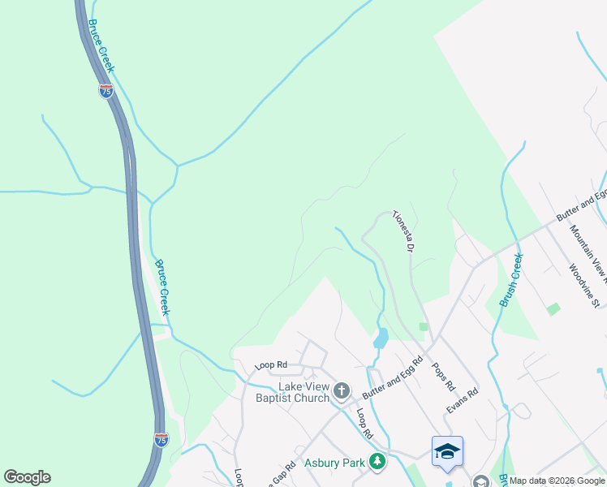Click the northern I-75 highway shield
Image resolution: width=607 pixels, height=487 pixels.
[106, 91]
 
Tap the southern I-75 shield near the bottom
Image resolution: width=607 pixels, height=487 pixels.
[162, 439]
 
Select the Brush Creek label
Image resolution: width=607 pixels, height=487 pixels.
[511, 280]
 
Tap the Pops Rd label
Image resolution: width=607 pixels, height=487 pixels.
[446, 376]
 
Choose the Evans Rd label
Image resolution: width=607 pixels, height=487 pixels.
[462, 402]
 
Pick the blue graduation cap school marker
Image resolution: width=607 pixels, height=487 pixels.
[446, 452]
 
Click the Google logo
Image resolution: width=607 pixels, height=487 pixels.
[27, 477]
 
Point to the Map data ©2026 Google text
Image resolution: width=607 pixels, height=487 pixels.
[557, 481]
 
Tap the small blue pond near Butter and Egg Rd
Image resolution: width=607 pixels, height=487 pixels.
[380, 339]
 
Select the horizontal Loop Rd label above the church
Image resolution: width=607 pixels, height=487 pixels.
[271, 365]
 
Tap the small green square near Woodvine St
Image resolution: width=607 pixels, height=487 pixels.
[553, 308]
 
